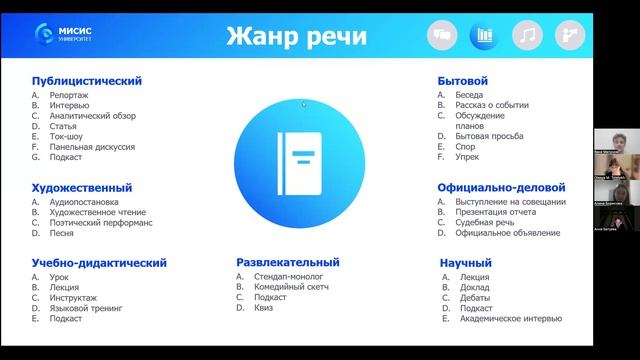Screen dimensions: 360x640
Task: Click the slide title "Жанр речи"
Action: pos(296,37)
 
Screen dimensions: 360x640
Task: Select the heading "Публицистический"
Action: pos(87,80)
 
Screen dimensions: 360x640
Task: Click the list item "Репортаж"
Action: pos(67,94)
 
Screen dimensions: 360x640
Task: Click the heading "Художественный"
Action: pos(82,187)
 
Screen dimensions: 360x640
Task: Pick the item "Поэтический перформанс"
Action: pos(101,222)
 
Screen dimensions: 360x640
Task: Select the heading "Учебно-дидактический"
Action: pos(99,263)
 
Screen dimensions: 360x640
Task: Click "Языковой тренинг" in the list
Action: pos(85,308)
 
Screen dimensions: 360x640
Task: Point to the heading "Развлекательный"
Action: pos(288,263)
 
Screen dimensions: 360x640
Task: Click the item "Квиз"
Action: pos(264,308)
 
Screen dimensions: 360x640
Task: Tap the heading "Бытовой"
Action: pos(463,80)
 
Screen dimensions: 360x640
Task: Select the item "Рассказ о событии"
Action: pos(491,105)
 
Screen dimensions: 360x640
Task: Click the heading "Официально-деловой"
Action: pos(501,187)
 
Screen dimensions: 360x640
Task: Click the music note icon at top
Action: pos(527,36)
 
